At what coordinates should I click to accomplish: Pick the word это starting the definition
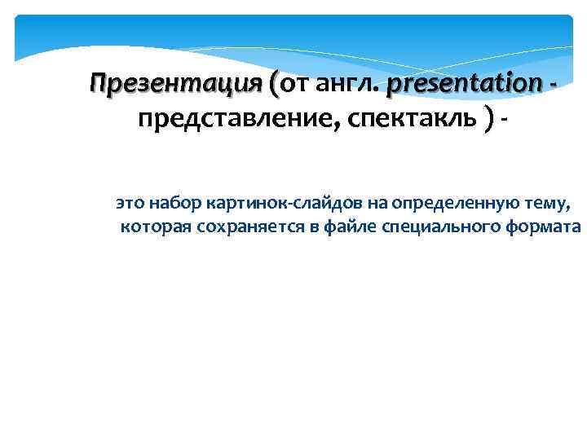(129, 201)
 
